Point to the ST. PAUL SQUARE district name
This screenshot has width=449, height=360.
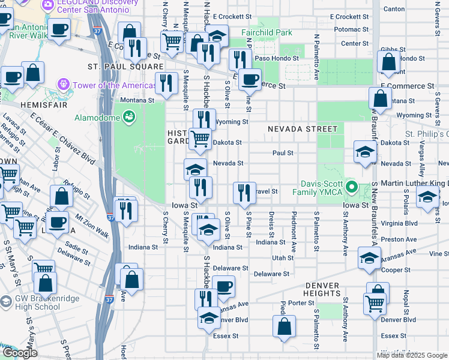125,67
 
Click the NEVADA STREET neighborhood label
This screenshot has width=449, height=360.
303,128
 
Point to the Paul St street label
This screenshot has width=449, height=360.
282,153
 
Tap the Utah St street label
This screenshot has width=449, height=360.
282,258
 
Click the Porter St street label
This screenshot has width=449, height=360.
298,303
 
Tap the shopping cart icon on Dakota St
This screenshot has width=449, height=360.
200,139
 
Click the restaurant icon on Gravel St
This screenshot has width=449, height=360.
244,193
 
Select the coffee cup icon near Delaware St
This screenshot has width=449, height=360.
224,286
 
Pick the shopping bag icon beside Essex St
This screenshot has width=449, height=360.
285,326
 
